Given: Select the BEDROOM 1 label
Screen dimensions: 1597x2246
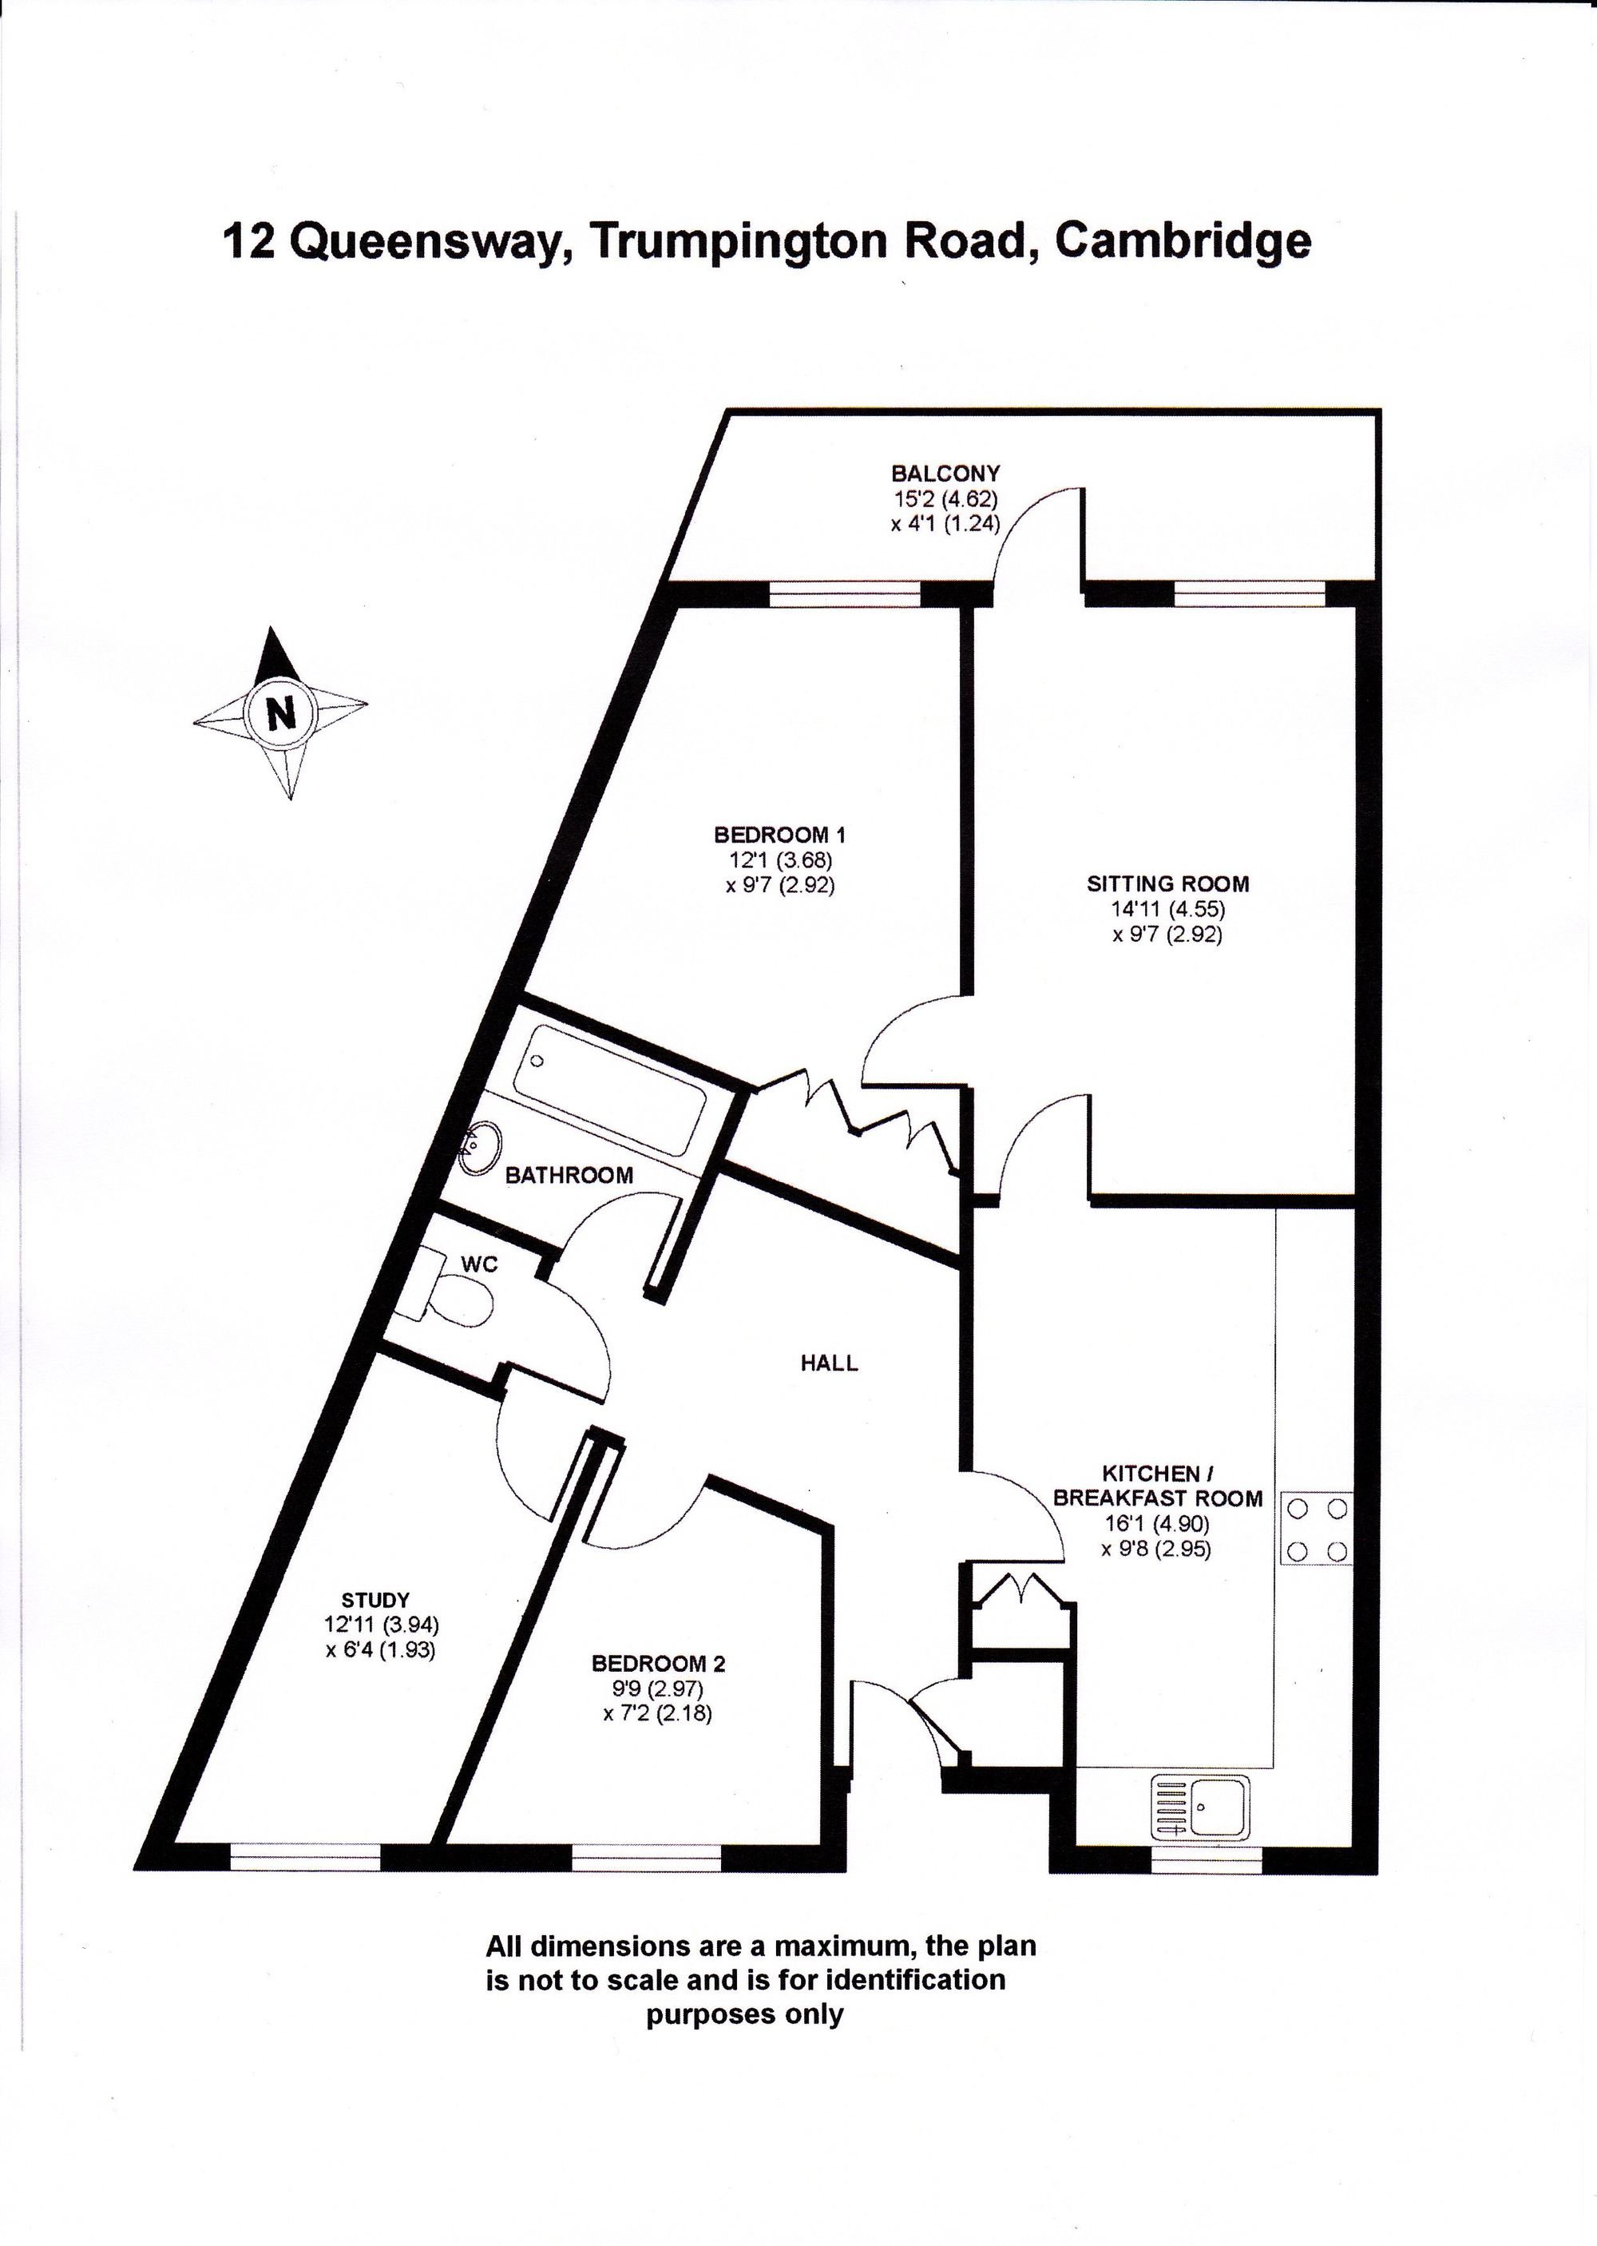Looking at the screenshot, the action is point(780,835).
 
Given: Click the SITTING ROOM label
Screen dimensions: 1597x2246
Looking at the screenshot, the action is point(1168,883).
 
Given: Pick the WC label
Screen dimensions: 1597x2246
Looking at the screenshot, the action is point(480,1264).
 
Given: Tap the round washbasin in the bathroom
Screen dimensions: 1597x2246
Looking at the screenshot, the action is point(481,1149).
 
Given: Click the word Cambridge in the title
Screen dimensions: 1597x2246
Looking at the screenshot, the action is point(1183,242).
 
